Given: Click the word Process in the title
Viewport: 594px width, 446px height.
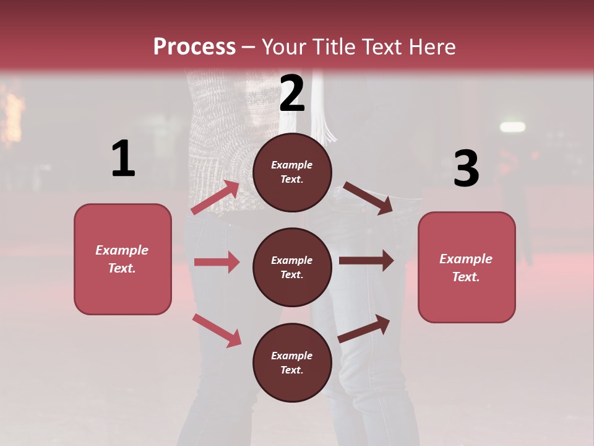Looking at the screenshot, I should [194, 47].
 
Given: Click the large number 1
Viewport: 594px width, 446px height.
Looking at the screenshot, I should [123, 159].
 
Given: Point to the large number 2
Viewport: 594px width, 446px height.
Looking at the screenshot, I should [292, 93].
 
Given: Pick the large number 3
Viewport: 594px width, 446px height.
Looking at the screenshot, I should [466, 168].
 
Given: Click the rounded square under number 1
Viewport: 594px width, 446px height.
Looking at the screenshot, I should [123, 259].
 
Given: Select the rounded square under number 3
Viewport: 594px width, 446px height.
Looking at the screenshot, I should [467, 267].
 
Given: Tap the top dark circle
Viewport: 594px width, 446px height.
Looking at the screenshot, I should [292, 172].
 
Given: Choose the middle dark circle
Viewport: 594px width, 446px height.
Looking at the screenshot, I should [292, 267].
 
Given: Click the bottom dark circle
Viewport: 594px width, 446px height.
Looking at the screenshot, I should [292, 362].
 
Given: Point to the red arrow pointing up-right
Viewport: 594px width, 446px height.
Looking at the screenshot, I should [215, 198].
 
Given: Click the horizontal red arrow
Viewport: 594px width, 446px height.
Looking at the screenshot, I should [217, 262].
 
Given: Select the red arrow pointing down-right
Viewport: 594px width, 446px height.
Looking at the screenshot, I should [217, 330].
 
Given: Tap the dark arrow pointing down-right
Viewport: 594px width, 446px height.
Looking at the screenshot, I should [368, 198].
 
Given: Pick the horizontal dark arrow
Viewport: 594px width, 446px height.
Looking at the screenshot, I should [366, 261].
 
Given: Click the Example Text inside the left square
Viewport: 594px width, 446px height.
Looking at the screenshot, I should [122, 259].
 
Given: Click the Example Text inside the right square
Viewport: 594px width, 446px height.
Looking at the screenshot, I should [466, 268].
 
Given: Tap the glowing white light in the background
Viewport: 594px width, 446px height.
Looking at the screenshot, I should [512, 127].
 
